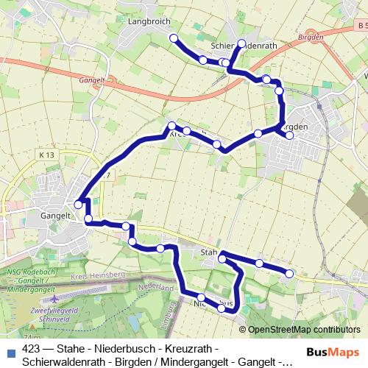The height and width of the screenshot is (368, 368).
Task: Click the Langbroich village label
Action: click(149, 22)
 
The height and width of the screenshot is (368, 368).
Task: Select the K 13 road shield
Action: click(49, 155)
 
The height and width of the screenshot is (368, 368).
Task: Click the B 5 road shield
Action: click(358, 26)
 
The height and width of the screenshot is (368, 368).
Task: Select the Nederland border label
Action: click(156, 286)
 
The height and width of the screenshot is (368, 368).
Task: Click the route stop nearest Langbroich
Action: click(174, 38)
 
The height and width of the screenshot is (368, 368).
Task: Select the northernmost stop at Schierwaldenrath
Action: click(241, 42)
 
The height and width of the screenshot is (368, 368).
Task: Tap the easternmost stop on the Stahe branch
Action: click(289, 273)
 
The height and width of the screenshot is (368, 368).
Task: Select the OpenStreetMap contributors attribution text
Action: click(303, 329)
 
